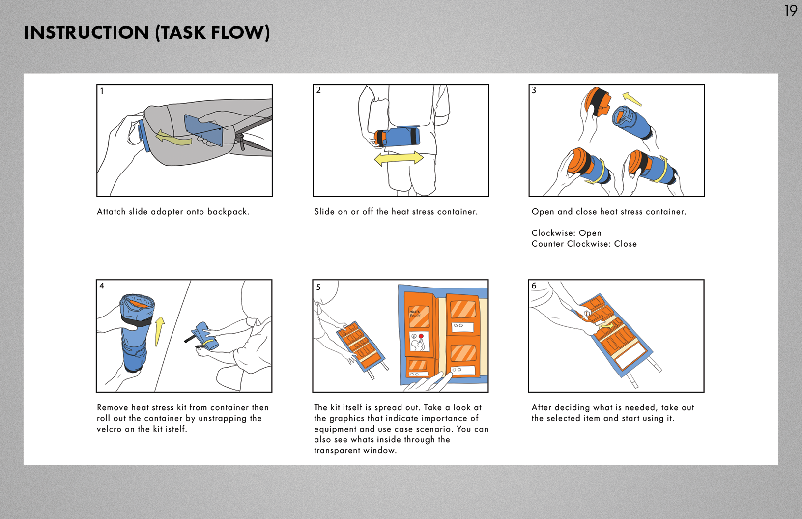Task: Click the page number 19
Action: click(790, 10)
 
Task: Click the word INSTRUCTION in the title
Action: click(86, 32)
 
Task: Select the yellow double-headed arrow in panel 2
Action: click(399, 158)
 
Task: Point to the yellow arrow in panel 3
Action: click(632, 99)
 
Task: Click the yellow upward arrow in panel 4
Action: click(159, 331)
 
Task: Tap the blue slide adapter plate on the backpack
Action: click(203, 130)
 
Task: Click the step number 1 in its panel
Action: click(102, 91)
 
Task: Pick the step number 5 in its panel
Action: click(318, 287)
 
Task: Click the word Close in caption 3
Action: click(625, 244)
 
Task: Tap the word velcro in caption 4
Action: click(109, 429)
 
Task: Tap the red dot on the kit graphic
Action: click(421, 336)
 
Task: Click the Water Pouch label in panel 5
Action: click(415, 313)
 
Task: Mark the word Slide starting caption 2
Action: click(324, 212)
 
